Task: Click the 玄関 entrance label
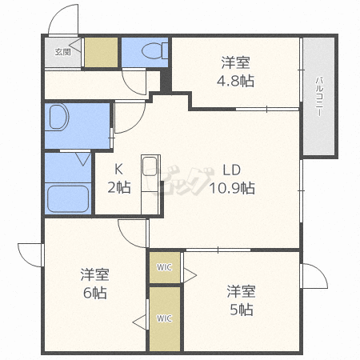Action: tap(62, 52)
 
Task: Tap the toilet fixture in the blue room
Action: tap(150, 52)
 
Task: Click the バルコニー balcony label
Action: tap(318, 96)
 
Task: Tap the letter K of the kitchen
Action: tap(118, 170)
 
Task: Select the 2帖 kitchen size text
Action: tap(118, 188)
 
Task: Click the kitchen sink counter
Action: tap(150, 175)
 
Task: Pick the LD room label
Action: tap(232, 170)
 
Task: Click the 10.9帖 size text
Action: tap(232, 188)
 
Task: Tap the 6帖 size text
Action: tap(94, 293)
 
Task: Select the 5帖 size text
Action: tap(240, 309)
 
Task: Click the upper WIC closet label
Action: tap(163, 266)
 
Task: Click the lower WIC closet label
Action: tap(163, 318)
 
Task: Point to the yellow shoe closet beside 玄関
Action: tap(101, 53)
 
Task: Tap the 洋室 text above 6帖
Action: tap(94, 274)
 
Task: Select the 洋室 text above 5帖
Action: tap(240, 290)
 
